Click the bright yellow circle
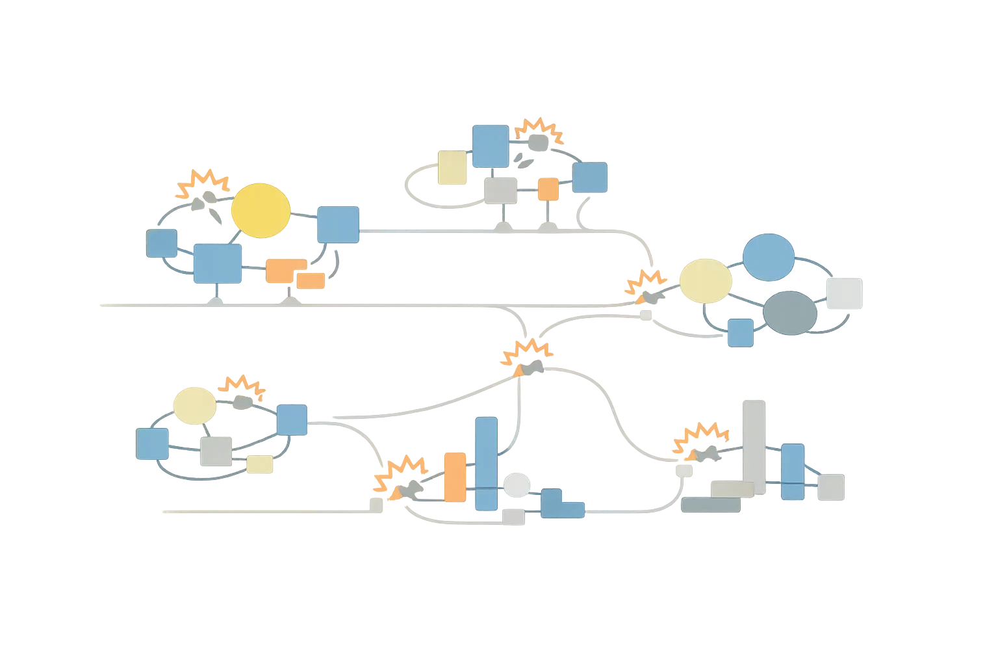tap(261, 210)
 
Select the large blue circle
tap(768, 257)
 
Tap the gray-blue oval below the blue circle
tap(789, 313)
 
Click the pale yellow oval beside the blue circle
tap(706, 280)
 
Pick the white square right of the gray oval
tap(844, 293)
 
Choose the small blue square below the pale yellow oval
tap(740, 332)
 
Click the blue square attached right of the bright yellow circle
tap(338, 224)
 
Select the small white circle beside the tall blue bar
tap(517, 485)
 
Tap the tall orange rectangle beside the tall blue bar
tap(455, 477)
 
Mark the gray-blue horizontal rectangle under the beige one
tap(710, 505)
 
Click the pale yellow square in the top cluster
tap(452, 168)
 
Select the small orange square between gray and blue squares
tap(548, 189)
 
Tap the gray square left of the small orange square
tap(500, 191)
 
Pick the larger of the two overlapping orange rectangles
tap(285, 270)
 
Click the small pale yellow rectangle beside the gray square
tap(259, 464)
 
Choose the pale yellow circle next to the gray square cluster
tap(194, 405)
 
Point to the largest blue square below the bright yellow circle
tap(218, 263)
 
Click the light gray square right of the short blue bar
tap(830, 487)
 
